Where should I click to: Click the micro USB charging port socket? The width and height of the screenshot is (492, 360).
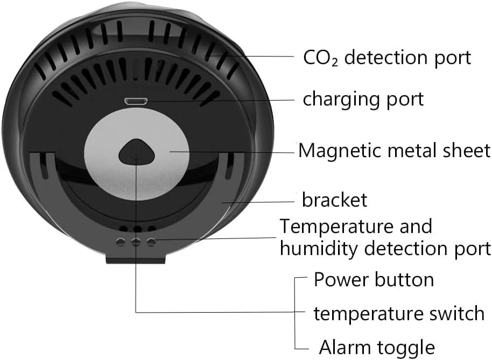click(x=132, y=101)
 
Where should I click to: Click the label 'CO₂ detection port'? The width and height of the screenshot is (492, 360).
click(x=386, y=57)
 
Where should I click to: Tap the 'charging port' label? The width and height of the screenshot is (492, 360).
click(x=363, y=99)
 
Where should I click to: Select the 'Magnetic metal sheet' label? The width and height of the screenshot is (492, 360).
click(x=394, y=150)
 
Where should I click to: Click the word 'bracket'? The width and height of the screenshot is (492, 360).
click(x=334, y=200)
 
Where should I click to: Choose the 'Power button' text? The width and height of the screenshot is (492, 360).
click(x=374, y=280)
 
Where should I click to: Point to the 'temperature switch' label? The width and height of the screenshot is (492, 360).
click(x=399, y=313)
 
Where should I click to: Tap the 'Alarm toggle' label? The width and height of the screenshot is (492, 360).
click(x=376, y=347)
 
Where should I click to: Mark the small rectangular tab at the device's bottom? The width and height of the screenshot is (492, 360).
click(x=135, y=259)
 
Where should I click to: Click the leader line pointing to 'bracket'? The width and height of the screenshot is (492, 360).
click(x=264, y=202)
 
